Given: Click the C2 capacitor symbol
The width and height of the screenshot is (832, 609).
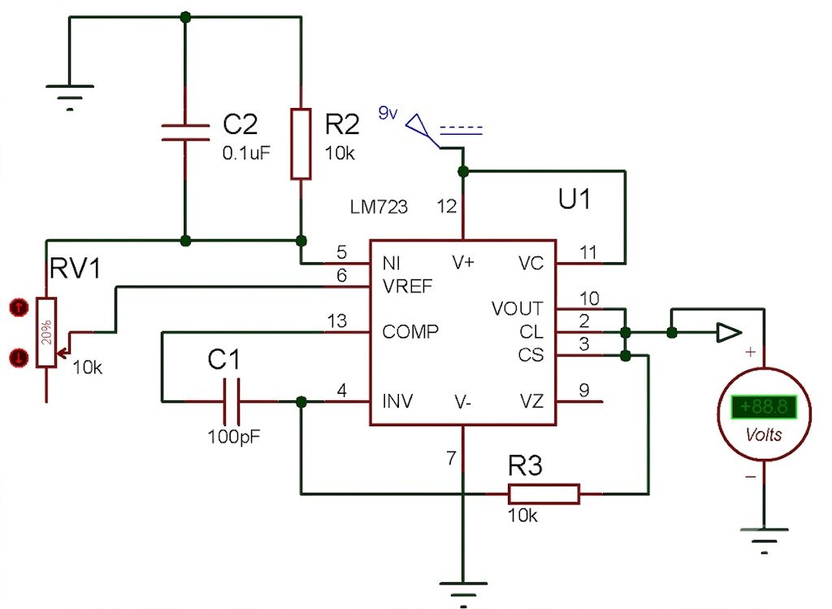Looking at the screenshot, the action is tap(185, 132).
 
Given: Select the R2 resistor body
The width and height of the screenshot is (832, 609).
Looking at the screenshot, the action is tap(301, 144).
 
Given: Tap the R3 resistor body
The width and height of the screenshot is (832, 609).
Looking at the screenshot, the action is tap(544, 494).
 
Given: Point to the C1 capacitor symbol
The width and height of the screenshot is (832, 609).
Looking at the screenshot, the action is tap(232, 401).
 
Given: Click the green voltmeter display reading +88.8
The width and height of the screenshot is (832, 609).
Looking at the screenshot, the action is tap(764, 407).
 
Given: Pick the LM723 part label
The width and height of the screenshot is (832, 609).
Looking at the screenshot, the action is tap(379, 206).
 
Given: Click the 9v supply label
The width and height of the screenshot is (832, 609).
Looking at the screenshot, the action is tap(388, 113).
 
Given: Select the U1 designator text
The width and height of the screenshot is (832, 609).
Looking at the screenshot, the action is tap(574, 199).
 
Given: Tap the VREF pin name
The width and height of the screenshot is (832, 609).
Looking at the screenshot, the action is tap(408, 287).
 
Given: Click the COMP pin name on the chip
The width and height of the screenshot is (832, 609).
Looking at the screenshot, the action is tap(410, 332).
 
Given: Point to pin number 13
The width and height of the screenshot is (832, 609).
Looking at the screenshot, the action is tap(337, 321).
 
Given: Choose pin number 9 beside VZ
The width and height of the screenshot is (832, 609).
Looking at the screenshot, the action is tap(584, 391).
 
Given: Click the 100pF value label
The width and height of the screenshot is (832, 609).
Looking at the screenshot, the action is tap(234, 437).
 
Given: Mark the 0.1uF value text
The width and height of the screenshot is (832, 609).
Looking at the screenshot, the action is tap(246, 153).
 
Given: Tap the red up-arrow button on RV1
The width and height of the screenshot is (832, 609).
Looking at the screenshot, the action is tap(19, 307).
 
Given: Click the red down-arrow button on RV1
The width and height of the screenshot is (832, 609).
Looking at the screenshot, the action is tap(19, 357).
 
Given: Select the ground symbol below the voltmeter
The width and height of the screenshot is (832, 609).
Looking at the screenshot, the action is tap(764, 540).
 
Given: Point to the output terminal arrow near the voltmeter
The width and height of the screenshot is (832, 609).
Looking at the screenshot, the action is tap(729, 333).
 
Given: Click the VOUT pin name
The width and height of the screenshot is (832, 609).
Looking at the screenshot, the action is tap(518, 309).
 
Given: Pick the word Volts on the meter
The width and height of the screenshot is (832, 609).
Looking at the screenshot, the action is tap(764, 435).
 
